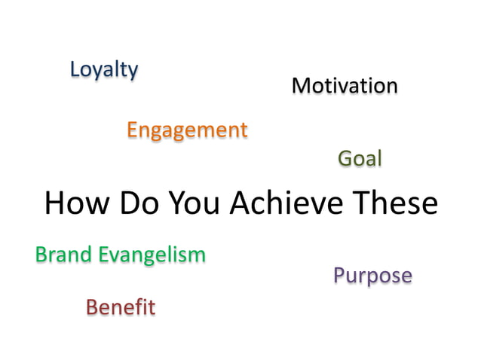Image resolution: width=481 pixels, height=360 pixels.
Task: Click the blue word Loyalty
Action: click(104, 70)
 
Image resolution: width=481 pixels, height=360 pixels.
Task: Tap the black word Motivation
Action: click(345, 86)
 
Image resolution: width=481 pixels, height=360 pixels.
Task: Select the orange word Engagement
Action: click(187, 130)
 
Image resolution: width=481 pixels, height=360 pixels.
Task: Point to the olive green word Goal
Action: click(360, 159)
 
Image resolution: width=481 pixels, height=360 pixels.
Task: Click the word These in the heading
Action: click(393, 203)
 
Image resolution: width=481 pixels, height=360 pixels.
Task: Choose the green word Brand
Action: click(63, 255)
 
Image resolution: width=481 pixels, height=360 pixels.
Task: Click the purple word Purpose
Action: click(372, 276)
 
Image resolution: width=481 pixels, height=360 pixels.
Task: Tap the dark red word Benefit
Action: click(121, 307)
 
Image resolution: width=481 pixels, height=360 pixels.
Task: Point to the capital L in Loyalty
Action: click(75, 69)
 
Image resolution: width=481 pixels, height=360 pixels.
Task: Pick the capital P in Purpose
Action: click(339, 275)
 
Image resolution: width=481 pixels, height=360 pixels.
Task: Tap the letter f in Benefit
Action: click(138, 307)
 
